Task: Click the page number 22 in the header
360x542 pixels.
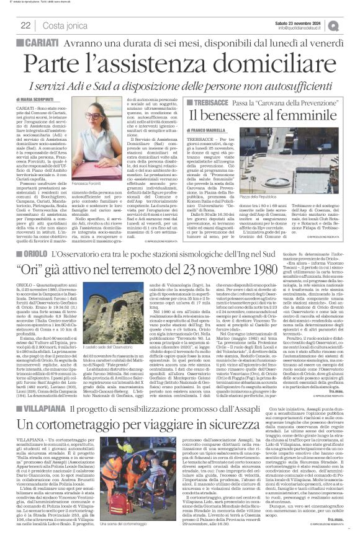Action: tap(25, 25)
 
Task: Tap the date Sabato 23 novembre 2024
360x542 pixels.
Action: tap(307, 21)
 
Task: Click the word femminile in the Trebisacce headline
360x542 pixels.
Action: tap(303, 115)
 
